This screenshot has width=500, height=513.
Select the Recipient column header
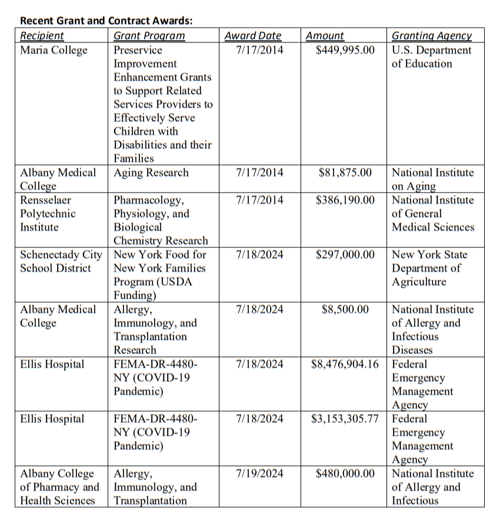[42, 36]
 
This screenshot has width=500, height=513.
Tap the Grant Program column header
[149, 36]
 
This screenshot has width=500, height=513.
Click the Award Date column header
[253, 36]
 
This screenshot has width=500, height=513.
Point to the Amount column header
[325, 36]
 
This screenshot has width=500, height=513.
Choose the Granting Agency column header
[432, 36]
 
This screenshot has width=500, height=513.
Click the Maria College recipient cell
[54, 50]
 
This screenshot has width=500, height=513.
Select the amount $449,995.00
[345, 50]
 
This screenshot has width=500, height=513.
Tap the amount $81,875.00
[345, 173]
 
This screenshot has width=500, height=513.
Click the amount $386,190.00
[345, 200]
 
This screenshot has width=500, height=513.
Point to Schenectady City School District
[61, 262]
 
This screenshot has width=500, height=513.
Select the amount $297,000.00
[345, 255]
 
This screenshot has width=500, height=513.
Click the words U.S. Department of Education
[431, 57]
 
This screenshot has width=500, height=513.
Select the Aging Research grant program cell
[151, 173]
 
